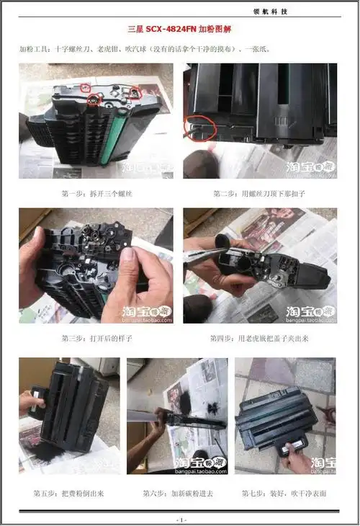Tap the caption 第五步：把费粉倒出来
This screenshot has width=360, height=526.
point(69,493)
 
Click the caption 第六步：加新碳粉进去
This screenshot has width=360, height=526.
point(178,493)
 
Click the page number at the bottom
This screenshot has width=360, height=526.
point(180,520)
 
